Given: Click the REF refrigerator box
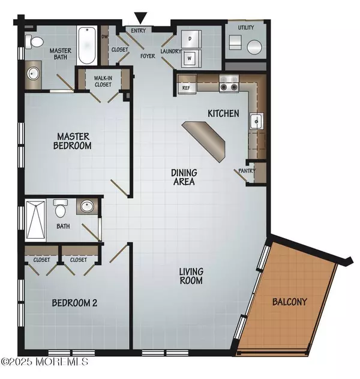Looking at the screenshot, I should click(x=185, y=87).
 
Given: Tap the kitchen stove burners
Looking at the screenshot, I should click(x=229, y=84).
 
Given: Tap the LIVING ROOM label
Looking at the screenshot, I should click(x=191, y=276).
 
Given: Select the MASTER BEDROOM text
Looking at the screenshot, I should click(x=70, y=141).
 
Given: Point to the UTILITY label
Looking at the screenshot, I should click(x=246, y=28).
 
